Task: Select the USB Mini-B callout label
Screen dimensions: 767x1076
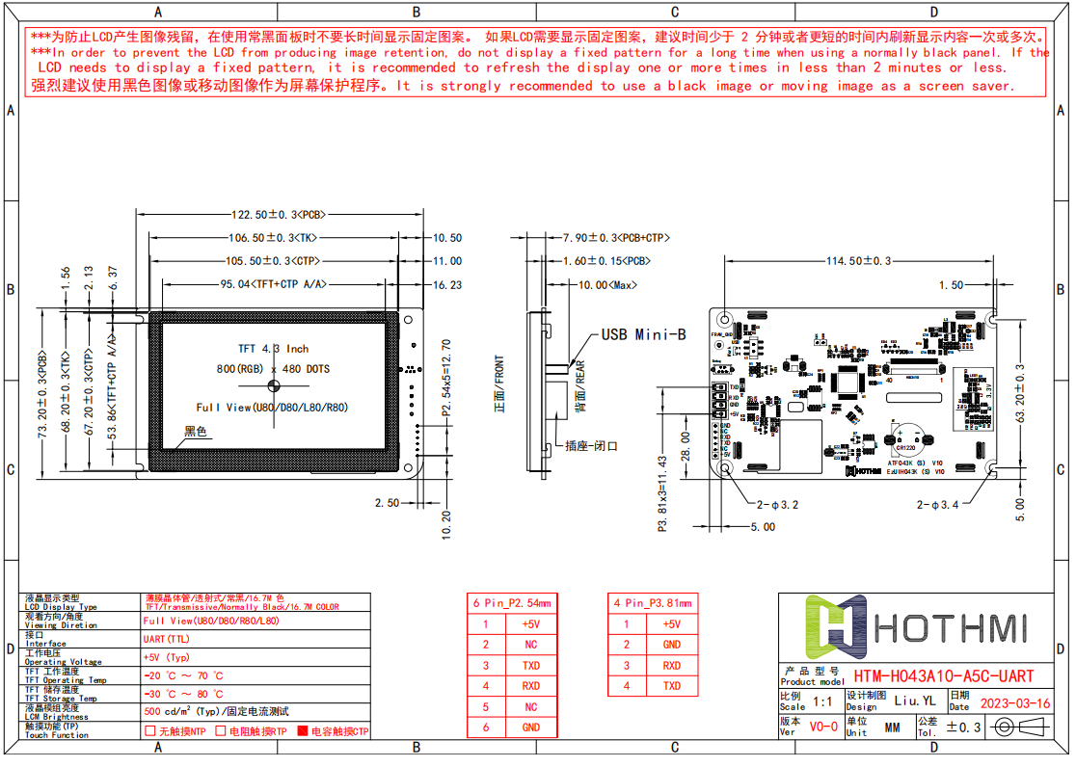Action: [643, 334]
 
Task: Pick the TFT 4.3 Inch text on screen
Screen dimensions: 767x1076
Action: [274, 349]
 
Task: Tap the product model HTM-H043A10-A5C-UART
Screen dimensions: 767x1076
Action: [943, 677]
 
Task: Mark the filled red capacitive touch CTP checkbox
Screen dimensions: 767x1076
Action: [302, 731]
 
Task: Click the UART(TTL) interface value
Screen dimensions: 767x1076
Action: [167, 639]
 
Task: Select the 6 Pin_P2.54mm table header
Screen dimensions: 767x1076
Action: [511, 603]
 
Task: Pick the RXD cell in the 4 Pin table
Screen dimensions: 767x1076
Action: [671, 666]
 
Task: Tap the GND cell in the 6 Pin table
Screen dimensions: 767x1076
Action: [531, 727]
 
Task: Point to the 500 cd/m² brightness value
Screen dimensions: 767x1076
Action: [215, 711]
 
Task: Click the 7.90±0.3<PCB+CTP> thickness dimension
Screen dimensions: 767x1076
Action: [616, 237]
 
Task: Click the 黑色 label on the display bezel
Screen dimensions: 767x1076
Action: [197, 432]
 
